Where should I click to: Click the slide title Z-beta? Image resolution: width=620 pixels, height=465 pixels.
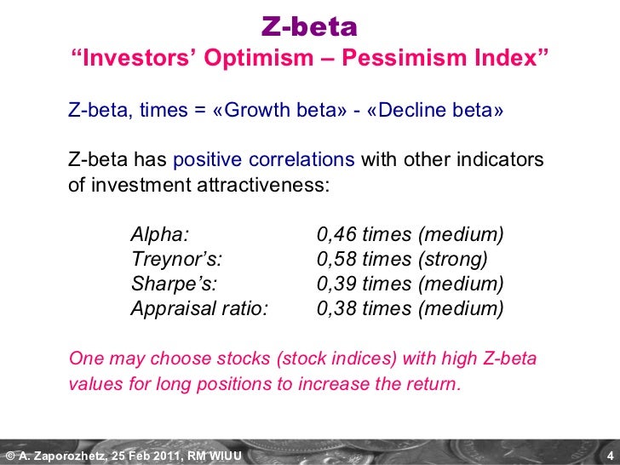309,27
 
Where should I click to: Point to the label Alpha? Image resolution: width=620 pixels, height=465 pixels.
160,234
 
